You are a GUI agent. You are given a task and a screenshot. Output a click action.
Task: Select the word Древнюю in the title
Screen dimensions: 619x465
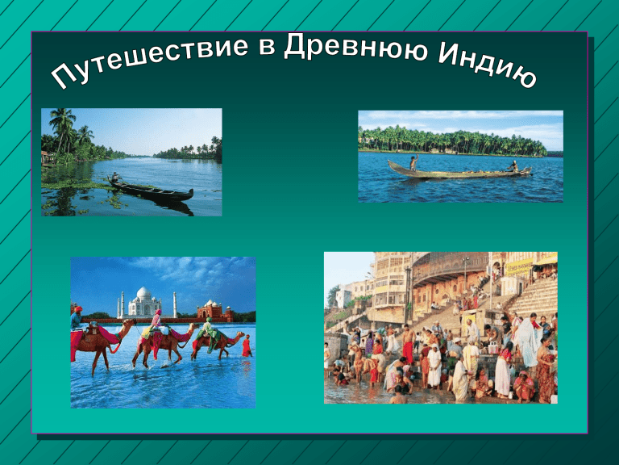[355, 47]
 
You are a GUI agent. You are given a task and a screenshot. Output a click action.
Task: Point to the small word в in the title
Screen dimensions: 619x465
[267, 47]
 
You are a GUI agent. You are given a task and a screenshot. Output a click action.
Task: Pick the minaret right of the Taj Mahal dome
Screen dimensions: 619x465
[174, 304]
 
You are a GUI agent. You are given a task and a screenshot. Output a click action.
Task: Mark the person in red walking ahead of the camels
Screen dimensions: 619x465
[247, 346]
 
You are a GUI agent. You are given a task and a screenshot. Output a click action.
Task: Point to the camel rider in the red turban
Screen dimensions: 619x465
[77, 317]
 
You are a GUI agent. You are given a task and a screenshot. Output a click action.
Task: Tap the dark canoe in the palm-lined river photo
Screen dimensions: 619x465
[151, 191]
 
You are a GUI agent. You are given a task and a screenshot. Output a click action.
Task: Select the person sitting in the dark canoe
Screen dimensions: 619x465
[115, 177]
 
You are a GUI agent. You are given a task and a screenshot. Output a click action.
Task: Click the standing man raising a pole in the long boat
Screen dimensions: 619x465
[413, 162]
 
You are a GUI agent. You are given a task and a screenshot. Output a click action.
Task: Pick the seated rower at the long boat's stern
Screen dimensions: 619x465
[513, 165]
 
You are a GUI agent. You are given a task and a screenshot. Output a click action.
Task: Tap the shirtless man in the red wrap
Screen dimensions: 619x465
[408, 345]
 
